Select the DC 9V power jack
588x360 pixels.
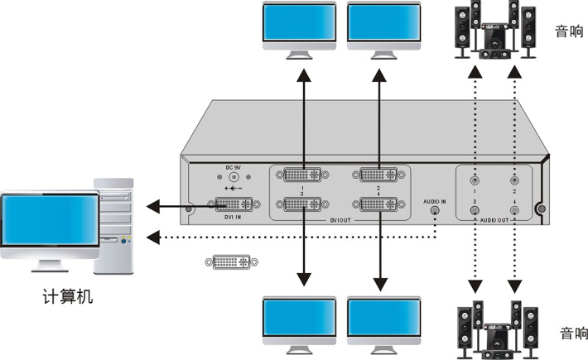234,176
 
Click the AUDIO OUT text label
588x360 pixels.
494,221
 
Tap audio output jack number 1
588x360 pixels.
475,180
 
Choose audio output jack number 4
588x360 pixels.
514,210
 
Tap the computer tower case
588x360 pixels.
114,223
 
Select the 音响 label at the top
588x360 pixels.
568,31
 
